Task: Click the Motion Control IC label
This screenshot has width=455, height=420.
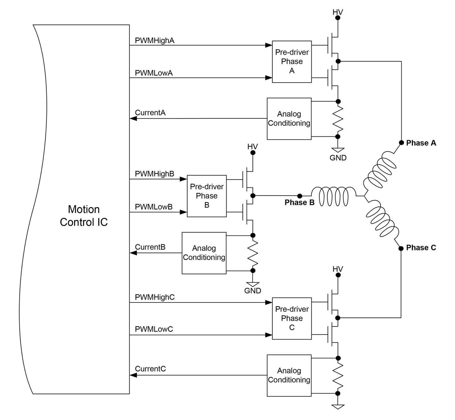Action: click(84, 216)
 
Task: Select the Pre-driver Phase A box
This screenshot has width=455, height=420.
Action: click(291, 61)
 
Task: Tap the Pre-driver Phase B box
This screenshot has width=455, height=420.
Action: click(207, 196)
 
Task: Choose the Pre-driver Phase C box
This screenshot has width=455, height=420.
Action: click(291, 318)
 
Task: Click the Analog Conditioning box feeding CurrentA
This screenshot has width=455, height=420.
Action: click(289, 119)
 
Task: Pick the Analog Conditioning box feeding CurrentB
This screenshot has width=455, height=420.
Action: click(204, 253)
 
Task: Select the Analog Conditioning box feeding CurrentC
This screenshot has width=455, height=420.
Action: click(289, 375)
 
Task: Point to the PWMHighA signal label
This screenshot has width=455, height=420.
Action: click(154, 41)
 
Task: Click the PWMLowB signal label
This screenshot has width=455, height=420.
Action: click(154, 207)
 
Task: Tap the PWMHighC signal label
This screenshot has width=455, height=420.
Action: click(155, 297)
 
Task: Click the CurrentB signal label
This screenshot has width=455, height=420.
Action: click(150, 247)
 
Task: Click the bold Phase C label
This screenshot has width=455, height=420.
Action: click(421, 248)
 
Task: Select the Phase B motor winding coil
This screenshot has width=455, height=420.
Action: click(333, 196)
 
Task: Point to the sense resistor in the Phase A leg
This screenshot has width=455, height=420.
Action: click(338, 119)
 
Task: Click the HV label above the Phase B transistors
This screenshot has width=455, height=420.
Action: click(252, 147)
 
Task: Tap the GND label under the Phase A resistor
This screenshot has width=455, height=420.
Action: click(338, 158)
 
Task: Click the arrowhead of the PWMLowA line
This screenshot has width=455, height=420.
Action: click(269, 78)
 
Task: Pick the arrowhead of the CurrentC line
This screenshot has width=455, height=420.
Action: click(133, 375)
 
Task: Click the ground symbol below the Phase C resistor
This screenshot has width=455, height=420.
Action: click(338, 406)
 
